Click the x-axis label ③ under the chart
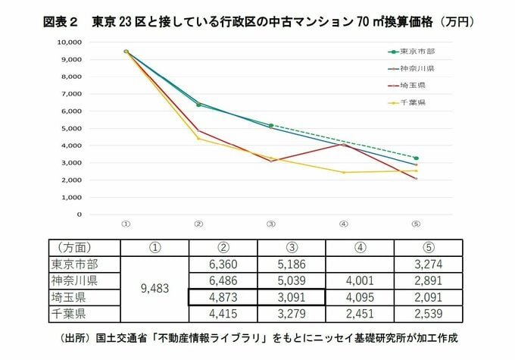click(270, 224)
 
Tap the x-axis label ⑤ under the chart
click(415, 224)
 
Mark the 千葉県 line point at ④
click(343, 172)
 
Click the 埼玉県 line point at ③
click(270, 161)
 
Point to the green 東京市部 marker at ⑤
click(416, 158)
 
